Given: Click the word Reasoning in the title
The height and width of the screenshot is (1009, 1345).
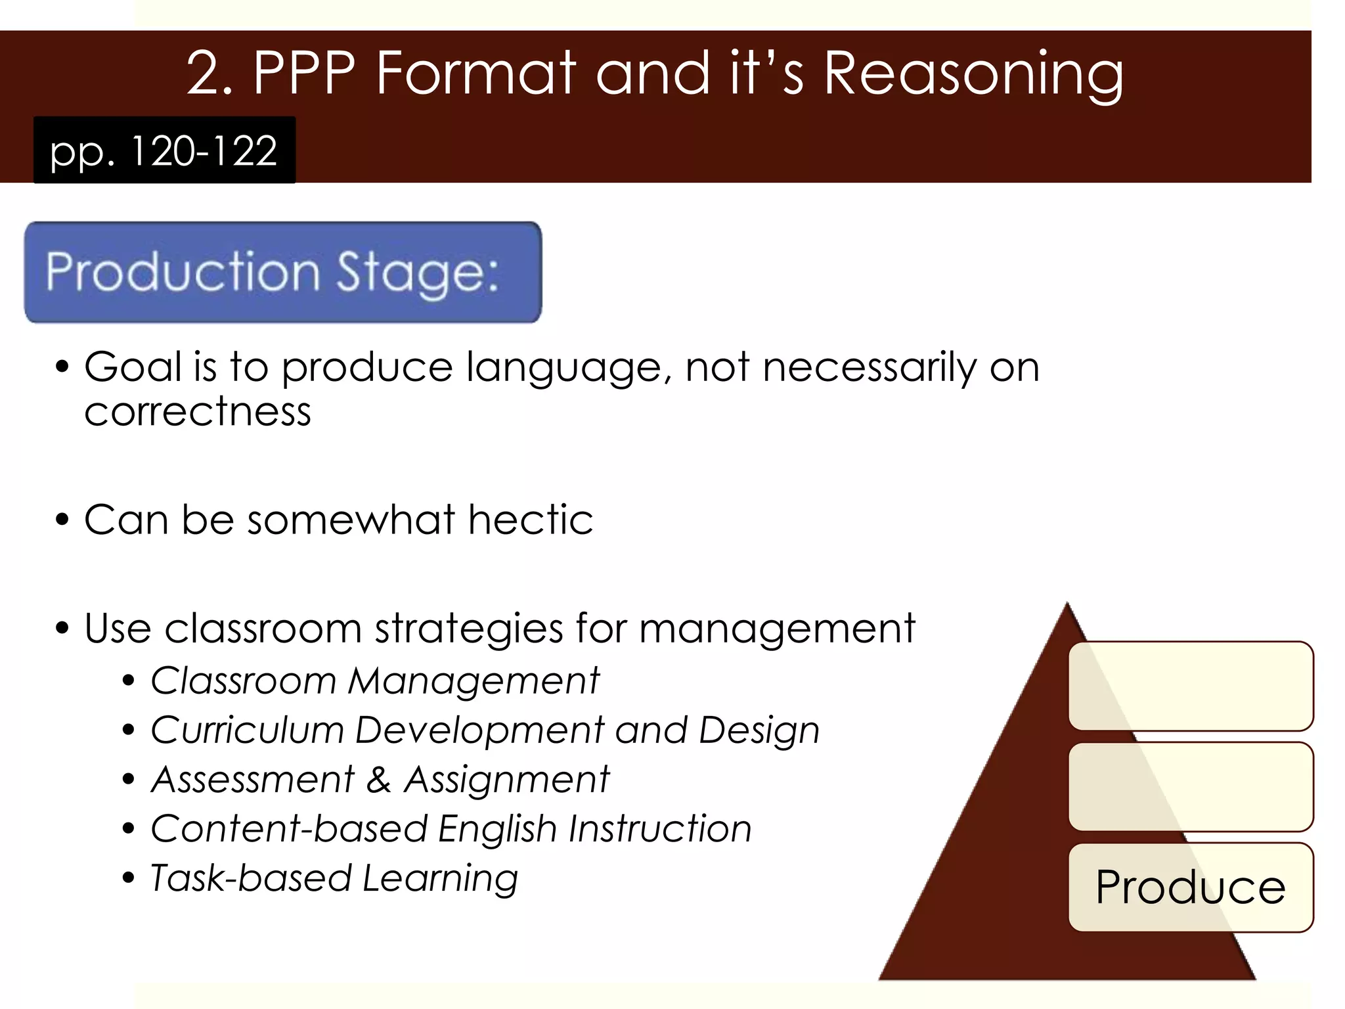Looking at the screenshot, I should click(973, 74).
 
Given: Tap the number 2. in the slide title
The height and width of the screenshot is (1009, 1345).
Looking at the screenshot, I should click(209, 74).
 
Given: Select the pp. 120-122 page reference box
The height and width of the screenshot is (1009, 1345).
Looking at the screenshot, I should click(164, 150).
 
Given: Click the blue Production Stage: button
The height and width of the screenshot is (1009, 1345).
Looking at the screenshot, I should click(283, 272).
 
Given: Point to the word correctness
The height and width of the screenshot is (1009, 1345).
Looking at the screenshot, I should click(198, 412).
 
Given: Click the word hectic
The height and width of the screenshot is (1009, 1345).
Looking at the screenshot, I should click(531, 520).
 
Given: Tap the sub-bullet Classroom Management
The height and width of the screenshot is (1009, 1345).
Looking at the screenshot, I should click(374, 680).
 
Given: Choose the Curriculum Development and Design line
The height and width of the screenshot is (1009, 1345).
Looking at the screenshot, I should click(485, 730).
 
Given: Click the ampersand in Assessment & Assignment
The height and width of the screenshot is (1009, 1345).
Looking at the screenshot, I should click(379, 780).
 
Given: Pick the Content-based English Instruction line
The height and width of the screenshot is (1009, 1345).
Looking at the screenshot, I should click(451, 828).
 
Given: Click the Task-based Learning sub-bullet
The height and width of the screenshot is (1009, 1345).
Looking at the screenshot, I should click(334, 878).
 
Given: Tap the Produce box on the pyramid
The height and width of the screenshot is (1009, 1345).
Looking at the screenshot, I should click(1190, 887).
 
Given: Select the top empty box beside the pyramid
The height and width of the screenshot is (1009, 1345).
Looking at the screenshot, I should click(1190, 686).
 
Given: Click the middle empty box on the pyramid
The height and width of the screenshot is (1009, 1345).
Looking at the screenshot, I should click(1190, 786).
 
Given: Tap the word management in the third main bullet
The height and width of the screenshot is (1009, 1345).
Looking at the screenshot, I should click(777, 628).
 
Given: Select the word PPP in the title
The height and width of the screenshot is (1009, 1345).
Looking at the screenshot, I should click(304, 74).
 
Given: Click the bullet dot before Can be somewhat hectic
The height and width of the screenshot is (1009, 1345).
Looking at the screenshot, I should click(62, 520).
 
